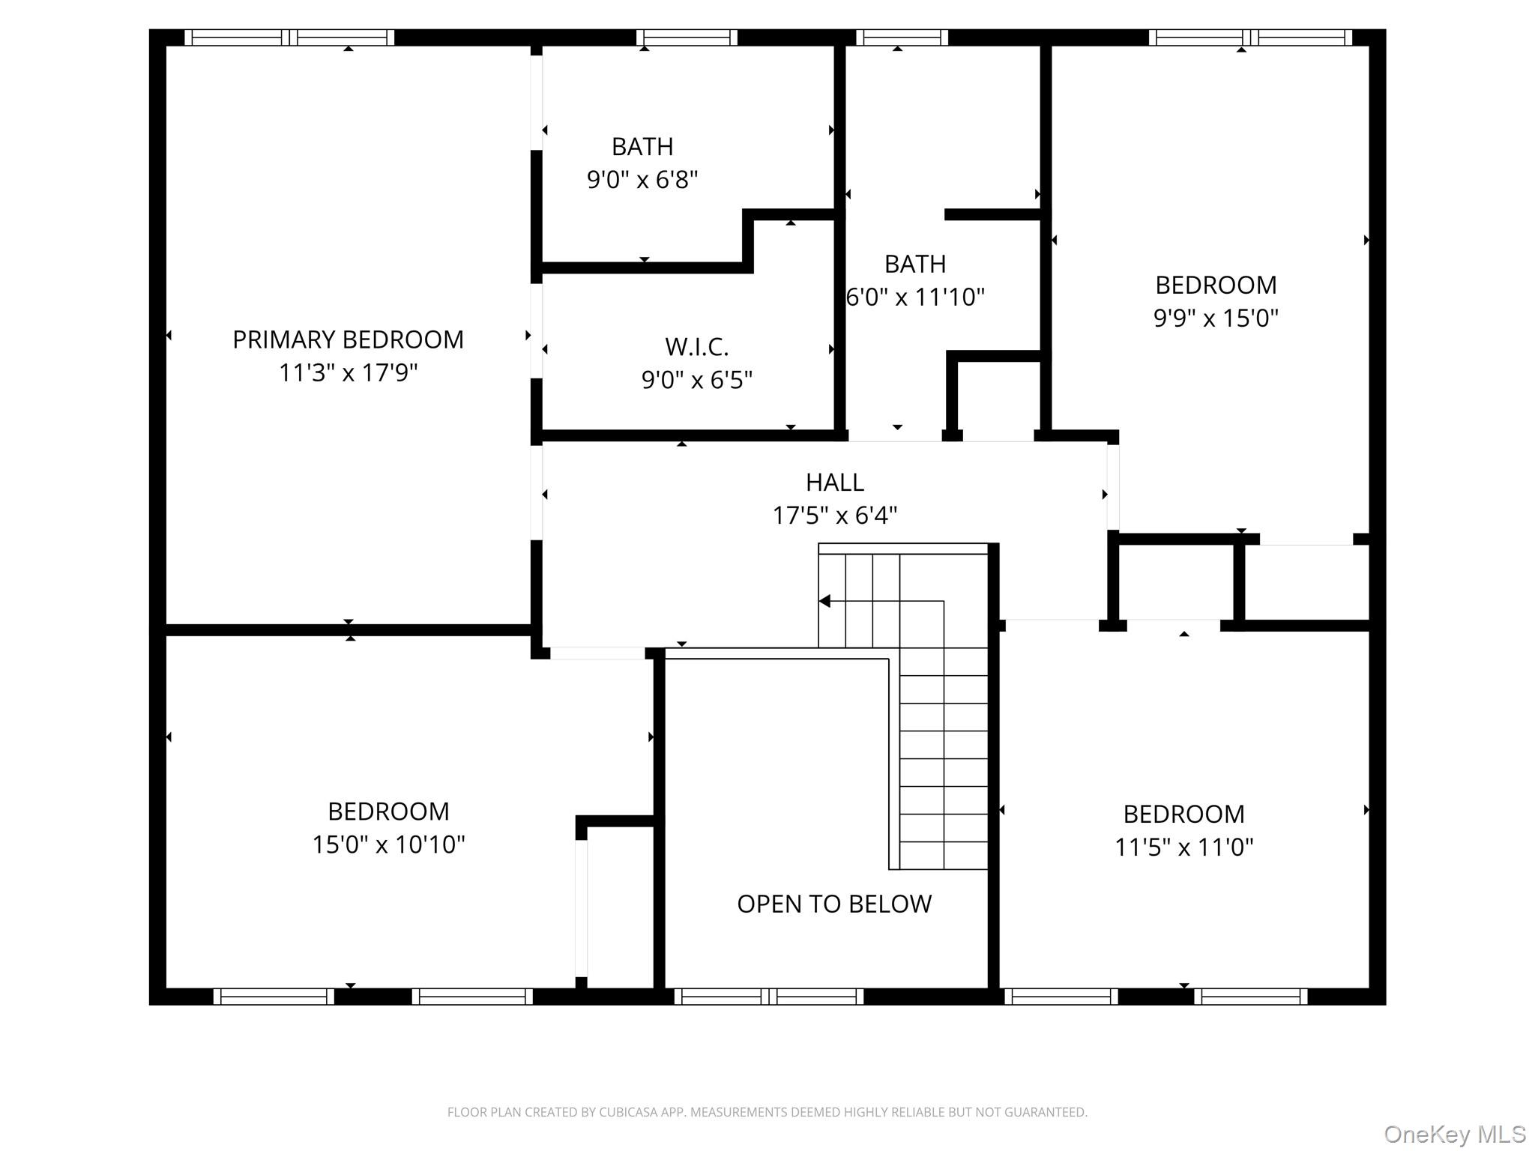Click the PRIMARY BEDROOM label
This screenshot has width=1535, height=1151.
coord(348,339)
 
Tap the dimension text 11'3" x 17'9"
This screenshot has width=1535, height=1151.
coord(348,372)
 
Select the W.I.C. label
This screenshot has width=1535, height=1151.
coord(696,347)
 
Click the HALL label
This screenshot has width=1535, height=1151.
coord(834,482)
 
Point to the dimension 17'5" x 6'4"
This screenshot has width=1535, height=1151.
coord(834,516)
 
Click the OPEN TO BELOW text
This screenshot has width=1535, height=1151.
coord(834,904)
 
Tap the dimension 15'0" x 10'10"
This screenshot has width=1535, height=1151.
coord(388,845)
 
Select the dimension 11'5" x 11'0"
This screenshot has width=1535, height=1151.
coord(1183,848)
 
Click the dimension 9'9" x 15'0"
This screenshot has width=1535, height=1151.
coord(1215,318)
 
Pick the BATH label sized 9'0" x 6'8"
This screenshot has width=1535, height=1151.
coord(642,146)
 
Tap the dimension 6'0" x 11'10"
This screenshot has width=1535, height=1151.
coord(914,297)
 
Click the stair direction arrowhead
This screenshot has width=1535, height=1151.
coord(824,601)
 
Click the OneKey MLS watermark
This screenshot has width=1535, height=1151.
coord(1454,1134)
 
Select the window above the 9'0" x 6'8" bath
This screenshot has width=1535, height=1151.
coord(687,37)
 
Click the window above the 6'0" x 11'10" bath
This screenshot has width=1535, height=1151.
coord(902,37)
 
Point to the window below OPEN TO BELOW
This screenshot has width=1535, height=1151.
coord(769,996)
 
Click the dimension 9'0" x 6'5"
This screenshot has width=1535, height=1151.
coord(696,381)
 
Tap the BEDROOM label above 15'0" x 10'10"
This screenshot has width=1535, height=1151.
coord(388,812)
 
